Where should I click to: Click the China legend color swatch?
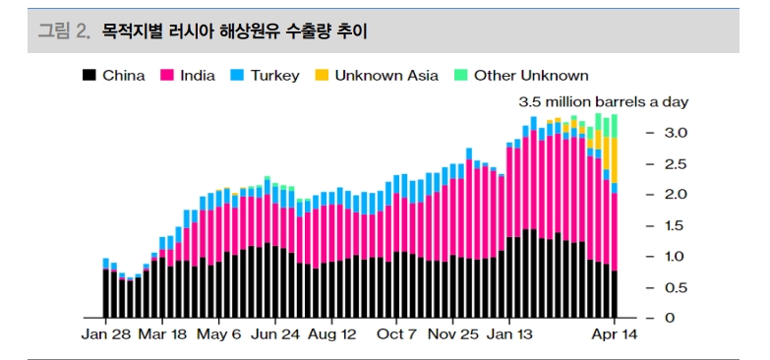point(89,76)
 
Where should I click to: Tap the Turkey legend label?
point(274,76)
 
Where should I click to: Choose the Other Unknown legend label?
point(531,76)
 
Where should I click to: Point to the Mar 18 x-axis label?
point(161,334)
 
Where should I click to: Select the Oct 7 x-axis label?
point(396,334)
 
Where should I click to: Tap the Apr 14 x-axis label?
point(615,334)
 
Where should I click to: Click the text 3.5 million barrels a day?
point(603,102)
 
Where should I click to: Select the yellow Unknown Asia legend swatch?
point(322,76)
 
